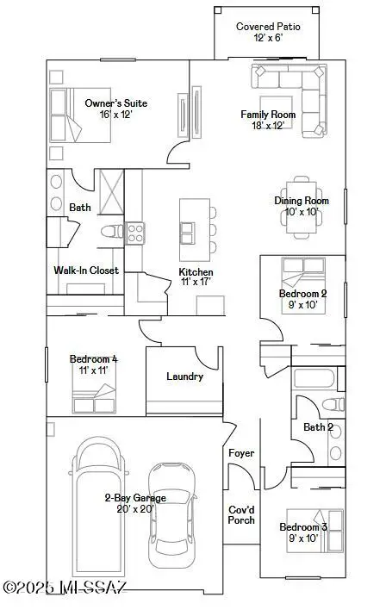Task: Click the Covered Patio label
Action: click(267, 27)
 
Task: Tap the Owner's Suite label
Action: click(115, 103)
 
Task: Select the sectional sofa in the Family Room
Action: click(287, 79)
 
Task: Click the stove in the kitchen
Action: click(134, 232)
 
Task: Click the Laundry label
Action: click(184, 376)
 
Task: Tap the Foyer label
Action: click(240, 453)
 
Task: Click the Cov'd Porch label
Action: click(241, 513)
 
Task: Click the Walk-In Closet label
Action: click(86, 271)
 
